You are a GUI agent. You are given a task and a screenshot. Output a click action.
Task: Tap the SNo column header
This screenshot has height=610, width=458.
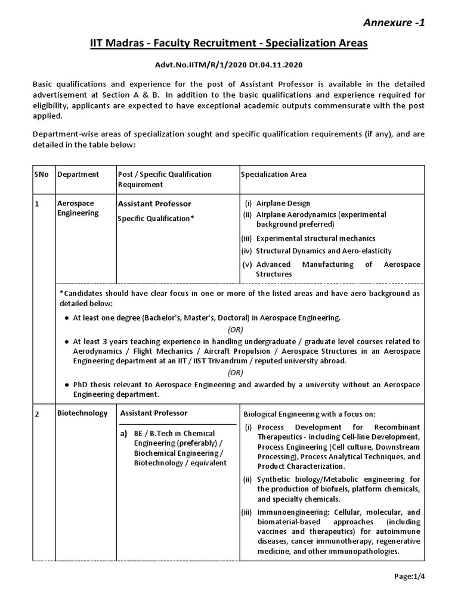click(41, 175)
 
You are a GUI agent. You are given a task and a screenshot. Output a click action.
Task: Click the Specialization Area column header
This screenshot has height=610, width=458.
click(274, 175)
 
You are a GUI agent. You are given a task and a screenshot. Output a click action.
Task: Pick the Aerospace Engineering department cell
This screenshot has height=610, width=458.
click(78, 208)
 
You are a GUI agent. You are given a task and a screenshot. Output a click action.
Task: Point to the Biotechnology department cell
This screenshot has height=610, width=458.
click(82, 413)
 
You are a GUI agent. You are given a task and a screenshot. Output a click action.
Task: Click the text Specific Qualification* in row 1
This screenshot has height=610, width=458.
click(156, 219)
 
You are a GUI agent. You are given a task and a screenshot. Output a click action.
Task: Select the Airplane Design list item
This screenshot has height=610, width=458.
click(283, 203)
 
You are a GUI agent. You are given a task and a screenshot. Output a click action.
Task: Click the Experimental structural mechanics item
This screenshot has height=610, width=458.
click(315, 238)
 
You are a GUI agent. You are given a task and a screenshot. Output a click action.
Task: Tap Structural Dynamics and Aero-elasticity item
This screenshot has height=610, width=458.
click(324, 251)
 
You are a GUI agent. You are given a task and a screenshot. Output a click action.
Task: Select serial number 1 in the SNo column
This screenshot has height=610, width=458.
click(37, 204)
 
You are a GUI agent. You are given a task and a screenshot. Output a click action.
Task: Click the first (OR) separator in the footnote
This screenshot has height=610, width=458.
click(235, 329)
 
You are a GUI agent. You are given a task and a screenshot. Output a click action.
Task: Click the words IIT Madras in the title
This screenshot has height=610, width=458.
click(119, 43)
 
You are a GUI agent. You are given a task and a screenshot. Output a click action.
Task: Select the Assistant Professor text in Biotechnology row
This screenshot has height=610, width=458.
click(154, 413)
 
